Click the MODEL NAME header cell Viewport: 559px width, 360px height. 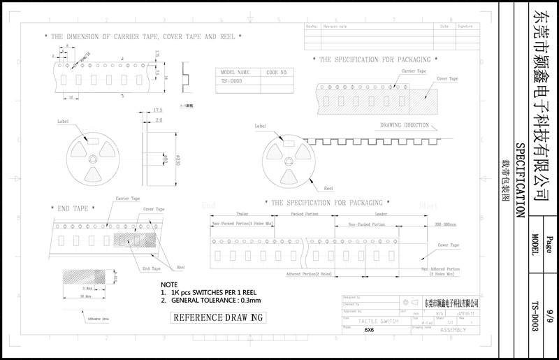tap(235, 72)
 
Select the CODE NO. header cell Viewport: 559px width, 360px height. tap(277, 72)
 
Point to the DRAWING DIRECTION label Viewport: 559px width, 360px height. tap(405, 125)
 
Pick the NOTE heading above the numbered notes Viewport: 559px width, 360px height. tap(169, 285)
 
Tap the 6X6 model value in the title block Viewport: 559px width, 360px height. tap(370, 329)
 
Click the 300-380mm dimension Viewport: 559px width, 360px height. tap(444, 224)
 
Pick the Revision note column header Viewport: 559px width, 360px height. tap(335, 26)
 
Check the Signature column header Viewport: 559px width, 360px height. tap(465, 26)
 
